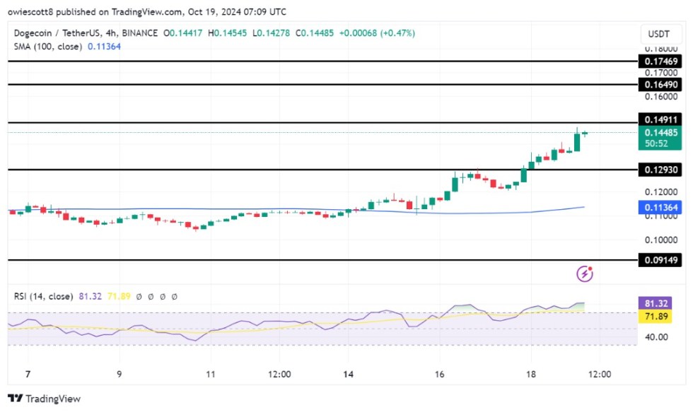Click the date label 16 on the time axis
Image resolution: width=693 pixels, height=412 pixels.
point(439,373)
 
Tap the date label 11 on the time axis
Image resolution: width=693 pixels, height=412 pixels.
point(209,373)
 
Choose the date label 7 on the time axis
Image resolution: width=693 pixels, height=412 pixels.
point(28,373)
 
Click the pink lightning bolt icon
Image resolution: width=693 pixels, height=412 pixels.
point(585,273)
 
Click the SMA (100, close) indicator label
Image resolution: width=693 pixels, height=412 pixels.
point(48,47)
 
